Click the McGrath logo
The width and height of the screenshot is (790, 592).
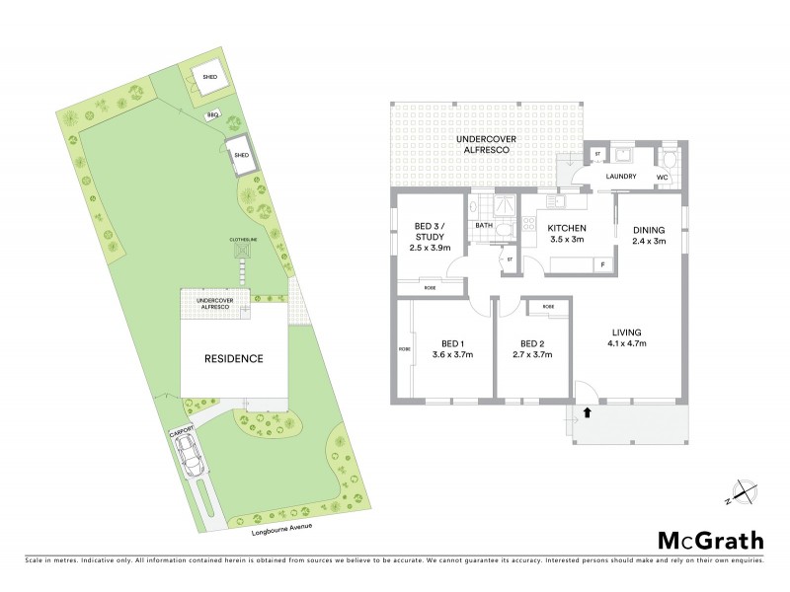[710, 540]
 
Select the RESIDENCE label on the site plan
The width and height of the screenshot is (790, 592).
[233, 358]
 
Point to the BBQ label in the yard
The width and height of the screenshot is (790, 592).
[212, 115]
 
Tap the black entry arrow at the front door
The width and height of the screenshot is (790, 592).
[589, 412]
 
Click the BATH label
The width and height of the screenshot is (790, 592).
[484, 225]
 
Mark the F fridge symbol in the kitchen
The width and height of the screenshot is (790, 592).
[601, 264]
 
